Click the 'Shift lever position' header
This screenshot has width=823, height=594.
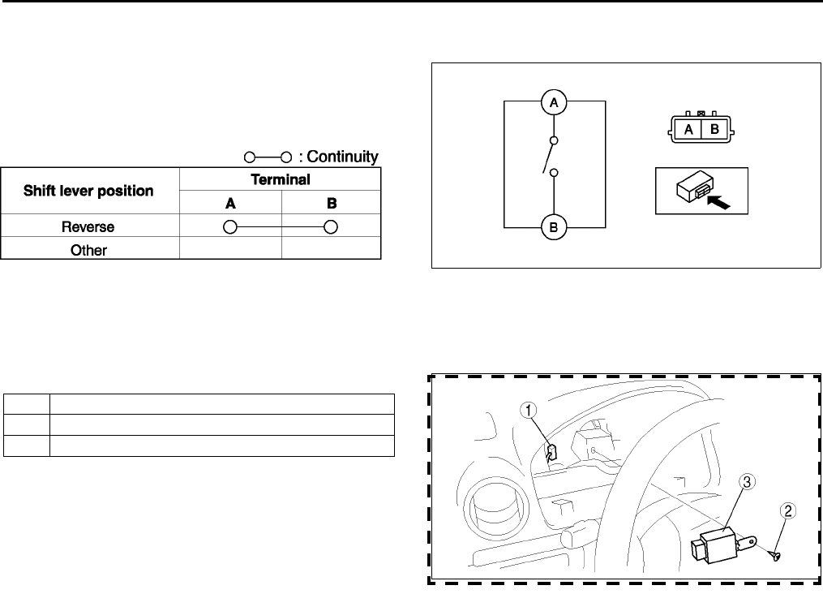89,192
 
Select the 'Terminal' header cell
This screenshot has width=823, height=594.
281,179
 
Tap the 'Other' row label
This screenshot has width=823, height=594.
89,250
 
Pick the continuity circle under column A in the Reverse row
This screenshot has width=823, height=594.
230,227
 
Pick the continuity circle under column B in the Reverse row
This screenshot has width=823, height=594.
331,227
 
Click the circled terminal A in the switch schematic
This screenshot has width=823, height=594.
554,102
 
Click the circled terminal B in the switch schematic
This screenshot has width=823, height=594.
554,228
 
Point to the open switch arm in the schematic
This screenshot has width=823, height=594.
548,157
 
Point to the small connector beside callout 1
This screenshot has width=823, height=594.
551,451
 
